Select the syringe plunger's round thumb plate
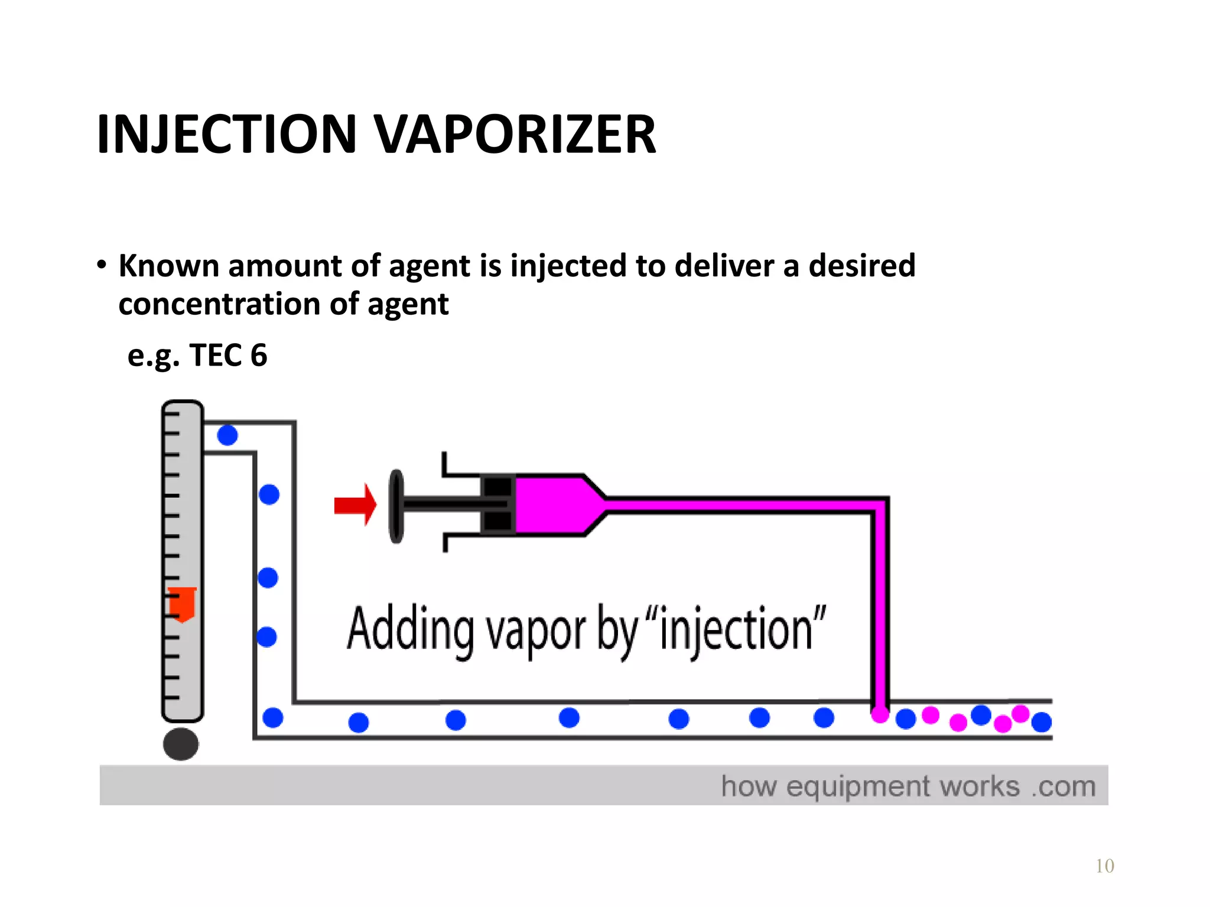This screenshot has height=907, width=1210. click(396, 506)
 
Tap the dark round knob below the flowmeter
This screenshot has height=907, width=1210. click(181, 744)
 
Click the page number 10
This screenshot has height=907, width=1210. click(1104, 866)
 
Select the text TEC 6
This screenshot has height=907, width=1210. click(228, 355)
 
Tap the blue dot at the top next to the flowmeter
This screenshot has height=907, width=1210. click(227, 436)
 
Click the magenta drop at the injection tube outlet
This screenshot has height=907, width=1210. click(880, 714)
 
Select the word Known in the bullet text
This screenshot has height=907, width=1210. click(169, 266)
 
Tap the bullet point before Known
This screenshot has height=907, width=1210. click(102, 265)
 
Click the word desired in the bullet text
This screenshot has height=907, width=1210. click(862, 266)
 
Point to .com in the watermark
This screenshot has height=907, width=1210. click(1063, 787)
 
